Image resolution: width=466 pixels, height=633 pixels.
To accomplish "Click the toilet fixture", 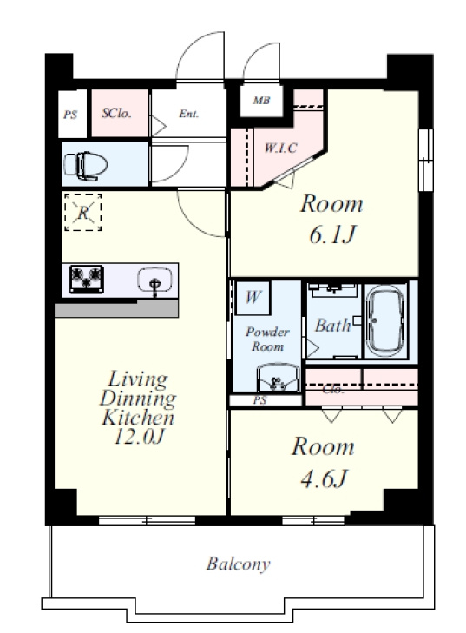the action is click(86, 165).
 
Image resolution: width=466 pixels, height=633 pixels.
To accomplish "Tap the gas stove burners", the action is click(86, 279).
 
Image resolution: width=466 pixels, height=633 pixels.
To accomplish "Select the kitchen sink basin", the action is click(154, 279).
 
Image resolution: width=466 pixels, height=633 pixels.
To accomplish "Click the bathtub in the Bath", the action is click(385, 321).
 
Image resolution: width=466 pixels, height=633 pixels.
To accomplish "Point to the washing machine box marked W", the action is click(253, 298).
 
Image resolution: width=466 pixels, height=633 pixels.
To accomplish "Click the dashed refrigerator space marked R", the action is click(82, 212).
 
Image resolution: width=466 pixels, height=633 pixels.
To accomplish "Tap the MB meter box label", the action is click(261, 100).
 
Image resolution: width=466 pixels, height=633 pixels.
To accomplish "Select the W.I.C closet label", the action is click(281, 148).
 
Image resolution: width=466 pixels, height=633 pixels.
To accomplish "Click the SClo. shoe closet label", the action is click(116, 113).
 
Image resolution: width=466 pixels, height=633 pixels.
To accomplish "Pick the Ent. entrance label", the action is click(189, 114).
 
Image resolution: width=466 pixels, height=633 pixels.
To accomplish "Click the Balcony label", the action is click(239, 564).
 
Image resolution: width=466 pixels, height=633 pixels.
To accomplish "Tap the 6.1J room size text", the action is click(333, 234).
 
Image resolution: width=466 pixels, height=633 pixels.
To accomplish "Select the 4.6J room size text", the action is click(324, 478).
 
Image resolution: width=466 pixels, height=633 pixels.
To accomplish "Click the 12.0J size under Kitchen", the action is click(140, 437).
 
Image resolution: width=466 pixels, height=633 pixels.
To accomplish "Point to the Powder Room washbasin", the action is click(279, 378).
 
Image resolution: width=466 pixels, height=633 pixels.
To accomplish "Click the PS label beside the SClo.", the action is click(70, 115).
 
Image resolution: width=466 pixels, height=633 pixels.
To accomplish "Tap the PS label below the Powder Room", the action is click(260, 400).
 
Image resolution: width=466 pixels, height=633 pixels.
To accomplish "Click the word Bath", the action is click(333, 325).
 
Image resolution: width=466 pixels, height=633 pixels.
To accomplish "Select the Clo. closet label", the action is click(333, 390).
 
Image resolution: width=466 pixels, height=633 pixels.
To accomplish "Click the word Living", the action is click(138, 379).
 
